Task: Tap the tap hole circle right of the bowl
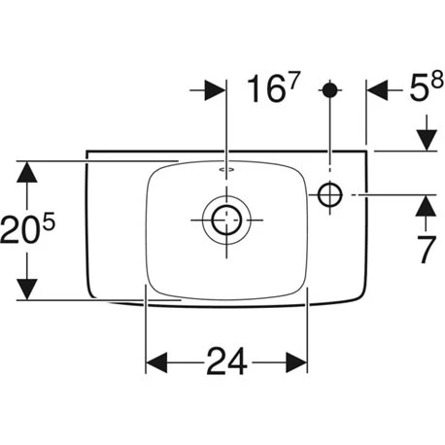tap(329, 196)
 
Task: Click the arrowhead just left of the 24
tap(157, 361)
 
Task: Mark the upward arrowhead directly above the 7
tap(424, 208)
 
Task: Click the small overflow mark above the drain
tap(225, 170)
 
